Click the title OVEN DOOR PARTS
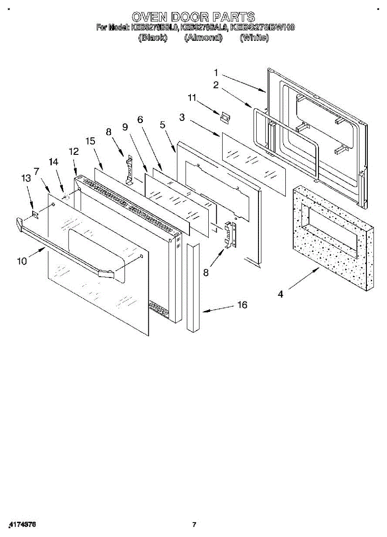coord(193,17)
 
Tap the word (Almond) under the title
coord(203,38)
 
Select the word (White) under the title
coord(254,38)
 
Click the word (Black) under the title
coord(153,38)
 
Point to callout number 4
coord(280,294)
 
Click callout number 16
coord(242,305)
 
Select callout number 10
coord(22,261)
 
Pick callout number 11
coord(192,98)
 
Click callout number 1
coord(216,72)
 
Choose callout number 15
coord(90,141)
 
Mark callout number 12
coord(74,151)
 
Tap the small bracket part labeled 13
coord(36,216)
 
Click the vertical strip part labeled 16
coord(193,286)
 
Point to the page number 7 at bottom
coord(194,524)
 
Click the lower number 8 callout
coord(206,272)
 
